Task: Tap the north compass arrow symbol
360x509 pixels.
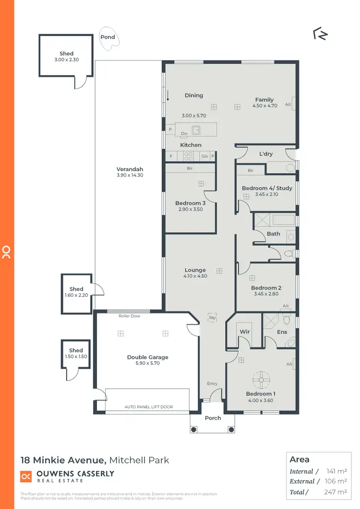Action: pyautogui.click(x=320, y=34)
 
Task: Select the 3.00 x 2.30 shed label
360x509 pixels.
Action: pyautogui.click(x=66, y=60)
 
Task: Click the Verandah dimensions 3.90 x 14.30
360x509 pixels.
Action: pyautogui.click(x=130, y=175)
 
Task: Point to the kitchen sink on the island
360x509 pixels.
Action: pyautogui.click(x=196, y=129)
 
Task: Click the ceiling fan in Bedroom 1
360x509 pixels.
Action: pyautogui.click(x=262, y=380)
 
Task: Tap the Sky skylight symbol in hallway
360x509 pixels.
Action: pyautogui.click(x=212, y=317)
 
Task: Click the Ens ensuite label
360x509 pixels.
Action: pyautogui.click(x=282, y=331)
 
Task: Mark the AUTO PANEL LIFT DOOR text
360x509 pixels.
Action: pyautogui.click(x=148, y=407)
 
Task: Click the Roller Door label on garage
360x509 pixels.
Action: pyautogui.click(x=129, y=316)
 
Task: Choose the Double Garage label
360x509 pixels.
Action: pyautogui.click(x=147, y=357)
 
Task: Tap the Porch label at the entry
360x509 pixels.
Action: pyautogui.click(x=213, y=418)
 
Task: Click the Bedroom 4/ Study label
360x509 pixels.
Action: pyautogui.click(x=266, y=188)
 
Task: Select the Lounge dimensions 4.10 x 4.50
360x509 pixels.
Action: pyautogui.click(x=195, y=276)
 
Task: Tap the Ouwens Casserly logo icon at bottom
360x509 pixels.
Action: pyautogui.click(x=26, y=476)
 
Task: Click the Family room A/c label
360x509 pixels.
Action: pyautogui.click(x=288, y=104)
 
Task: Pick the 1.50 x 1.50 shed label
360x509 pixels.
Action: pyautogui.click(x=76, y=356)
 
